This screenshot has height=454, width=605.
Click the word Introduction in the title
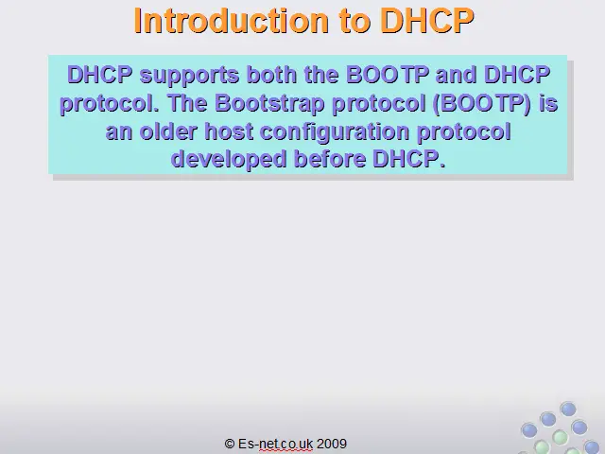tap(231, 21)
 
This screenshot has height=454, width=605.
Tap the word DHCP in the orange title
tap(427, 21)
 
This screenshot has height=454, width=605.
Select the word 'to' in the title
tap(354, 22)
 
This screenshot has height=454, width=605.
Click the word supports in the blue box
tap(189, 76)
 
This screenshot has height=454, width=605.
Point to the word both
tap(271, 74)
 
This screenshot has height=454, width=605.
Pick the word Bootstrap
tap(269, 104)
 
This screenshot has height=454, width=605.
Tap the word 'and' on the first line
tap(456, 74)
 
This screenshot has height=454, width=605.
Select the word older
tap(168, 131)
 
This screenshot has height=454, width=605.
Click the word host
tap(229, 131)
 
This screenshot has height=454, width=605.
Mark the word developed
tap(229, 160)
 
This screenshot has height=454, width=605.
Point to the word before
tap(330, 159)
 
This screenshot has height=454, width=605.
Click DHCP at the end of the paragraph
tap(409, 159)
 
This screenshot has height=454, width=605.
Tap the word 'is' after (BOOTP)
tap(548, 103)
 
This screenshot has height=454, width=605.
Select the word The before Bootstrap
tap(187, 103)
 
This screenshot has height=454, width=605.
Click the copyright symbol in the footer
tap(230, 444)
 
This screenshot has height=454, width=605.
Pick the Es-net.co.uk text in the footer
tap(275, 444)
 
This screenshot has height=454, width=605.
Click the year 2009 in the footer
tap(332, 444)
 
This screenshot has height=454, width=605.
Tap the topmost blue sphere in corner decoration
tap(568, 409)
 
